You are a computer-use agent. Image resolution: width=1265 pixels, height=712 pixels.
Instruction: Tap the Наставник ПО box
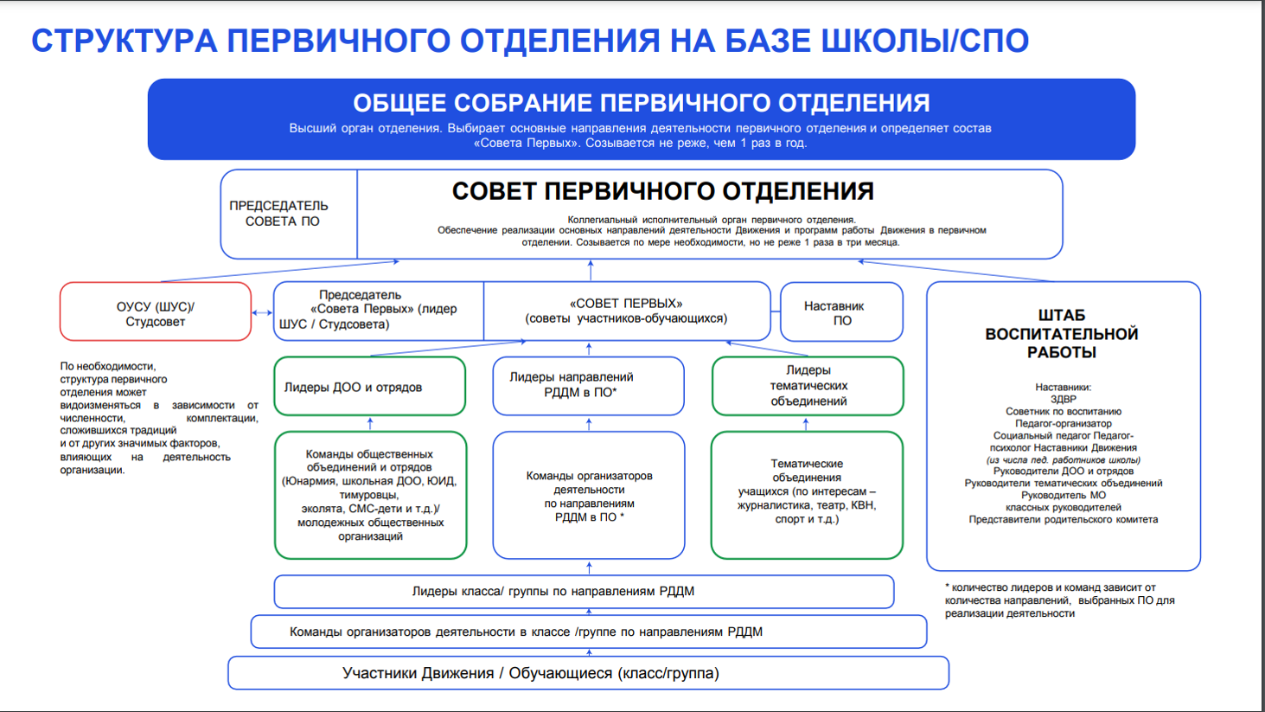point(841,313)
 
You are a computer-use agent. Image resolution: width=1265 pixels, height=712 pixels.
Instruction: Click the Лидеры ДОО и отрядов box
point(369,387)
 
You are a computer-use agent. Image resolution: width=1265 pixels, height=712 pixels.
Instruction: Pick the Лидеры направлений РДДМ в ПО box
point(588,385)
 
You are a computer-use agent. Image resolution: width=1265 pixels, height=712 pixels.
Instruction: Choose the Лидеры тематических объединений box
point(808,386)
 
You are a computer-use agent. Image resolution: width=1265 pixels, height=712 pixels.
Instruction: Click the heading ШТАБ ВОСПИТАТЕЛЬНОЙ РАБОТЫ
point(1061,334)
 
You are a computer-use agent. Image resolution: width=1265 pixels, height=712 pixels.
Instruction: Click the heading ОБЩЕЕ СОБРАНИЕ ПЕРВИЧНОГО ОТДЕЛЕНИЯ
point(641,103)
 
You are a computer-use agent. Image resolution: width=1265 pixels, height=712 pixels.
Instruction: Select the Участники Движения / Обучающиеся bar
point(588,673)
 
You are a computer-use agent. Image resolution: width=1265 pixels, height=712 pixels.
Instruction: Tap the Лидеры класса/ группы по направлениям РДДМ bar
point(584,592)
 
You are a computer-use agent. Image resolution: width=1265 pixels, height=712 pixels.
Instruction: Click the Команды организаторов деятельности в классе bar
point(588,632)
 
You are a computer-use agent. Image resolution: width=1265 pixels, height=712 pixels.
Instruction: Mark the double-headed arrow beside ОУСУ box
point(262,313)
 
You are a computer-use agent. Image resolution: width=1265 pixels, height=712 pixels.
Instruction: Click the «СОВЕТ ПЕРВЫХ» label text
point(626,304)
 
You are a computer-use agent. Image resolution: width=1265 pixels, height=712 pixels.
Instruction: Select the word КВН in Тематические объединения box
point(862,505)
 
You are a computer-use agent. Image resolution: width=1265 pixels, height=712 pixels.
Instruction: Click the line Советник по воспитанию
point(1063,412)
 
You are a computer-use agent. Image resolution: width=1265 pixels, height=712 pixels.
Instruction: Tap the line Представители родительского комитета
point(1063,520)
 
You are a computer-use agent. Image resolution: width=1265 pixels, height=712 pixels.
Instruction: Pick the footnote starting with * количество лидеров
point(1059,600)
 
